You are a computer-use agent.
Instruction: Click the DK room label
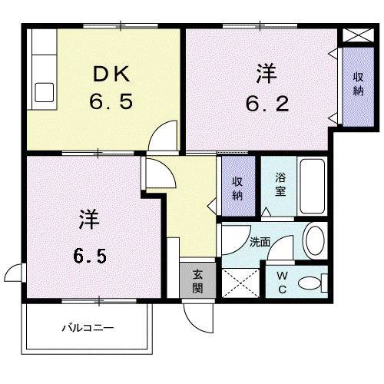click(111, 74)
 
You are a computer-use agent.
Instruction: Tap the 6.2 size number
click(267, 104)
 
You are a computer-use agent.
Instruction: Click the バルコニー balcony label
click(88, 328)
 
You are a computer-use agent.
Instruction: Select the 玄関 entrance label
click(197, 281)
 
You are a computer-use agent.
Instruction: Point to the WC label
click(282, 283)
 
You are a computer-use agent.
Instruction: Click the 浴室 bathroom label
click(280, 184)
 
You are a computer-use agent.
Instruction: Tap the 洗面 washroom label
click(260, 242)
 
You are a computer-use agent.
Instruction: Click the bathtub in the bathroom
click(313, 186)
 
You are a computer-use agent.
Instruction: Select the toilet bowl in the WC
click(310, 283)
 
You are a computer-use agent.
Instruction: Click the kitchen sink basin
click(45, 92)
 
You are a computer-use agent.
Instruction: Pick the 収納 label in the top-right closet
click(359, 84)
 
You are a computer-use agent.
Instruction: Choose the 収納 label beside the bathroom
click(237, 188)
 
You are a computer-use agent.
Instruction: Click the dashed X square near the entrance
click(240, 283)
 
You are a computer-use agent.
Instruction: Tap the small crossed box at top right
click(358, 35)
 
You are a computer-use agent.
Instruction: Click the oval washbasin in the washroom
click(315, 240)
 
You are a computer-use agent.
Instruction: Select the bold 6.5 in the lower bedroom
click(90, 256)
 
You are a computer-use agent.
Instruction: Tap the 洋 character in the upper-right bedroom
click(266, 74)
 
